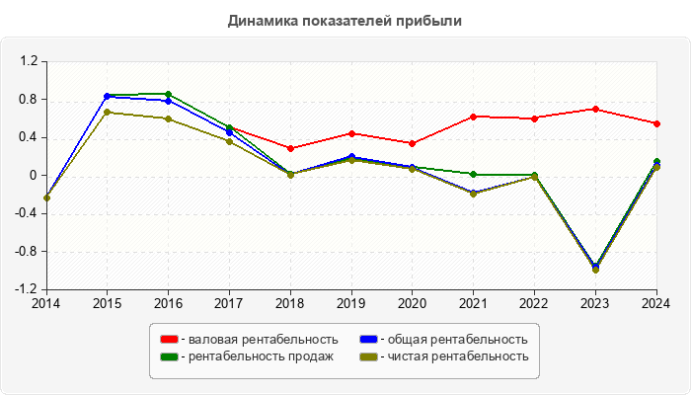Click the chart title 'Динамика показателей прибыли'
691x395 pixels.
[345, 20]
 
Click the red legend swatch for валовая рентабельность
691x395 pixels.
[168, 340]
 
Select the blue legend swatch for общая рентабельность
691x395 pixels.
[368, 340]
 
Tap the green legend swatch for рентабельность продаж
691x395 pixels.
[168, 356]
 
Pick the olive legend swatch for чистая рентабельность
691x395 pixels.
[368, 356]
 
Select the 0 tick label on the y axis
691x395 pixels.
[33, 176]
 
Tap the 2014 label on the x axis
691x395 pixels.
[45, 303]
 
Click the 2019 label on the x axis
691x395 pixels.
[351, 303]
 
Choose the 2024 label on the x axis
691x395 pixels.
[656, 303]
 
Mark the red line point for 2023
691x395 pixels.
[595, 109]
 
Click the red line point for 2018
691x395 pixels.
[290, 148]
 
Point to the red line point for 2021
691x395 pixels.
[474, 117]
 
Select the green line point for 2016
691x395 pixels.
[168, 94]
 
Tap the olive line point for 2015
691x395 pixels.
[107, 112]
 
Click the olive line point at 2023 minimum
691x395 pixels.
[595, 270]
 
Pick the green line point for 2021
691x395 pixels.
[474, 174]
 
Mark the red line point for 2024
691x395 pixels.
[656, 123]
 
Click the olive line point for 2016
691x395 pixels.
[168, 118]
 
